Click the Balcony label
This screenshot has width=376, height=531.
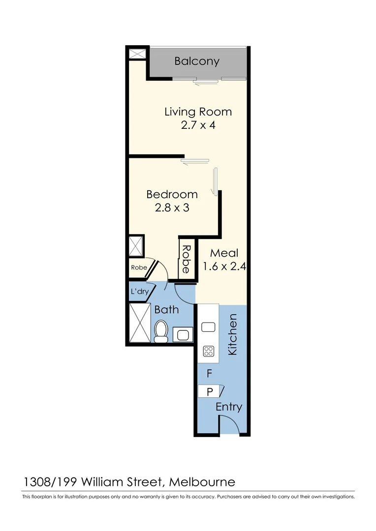point(197,61)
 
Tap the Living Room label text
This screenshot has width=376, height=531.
point(198,112)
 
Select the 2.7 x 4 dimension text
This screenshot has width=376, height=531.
point(198,125)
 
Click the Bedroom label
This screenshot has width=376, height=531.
point(172,194)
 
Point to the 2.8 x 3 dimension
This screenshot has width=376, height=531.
point(172,207)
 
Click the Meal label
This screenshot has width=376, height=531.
point(224,253)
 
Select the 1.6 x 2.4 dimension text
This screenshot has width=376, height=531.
point(224,267)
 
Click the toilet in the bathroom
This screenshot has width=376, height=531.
point(161,331)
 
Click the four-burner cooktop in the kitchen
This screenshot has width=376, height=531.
point(209,351)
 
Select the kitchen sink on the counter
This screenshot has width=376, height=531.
point(209,326)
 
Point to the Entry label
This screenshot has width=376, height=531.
point(229,407)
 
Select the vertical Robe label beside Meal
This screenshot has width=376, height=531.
point(186,260)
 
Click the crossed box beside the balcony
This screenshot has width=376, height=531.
point(136,54)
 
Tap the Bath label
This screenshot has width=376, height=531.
point(166,310)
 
